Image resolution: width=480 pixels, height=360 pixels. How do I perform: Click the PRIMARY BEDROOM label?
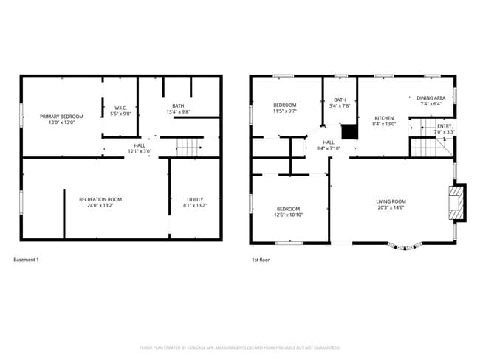(61, 117)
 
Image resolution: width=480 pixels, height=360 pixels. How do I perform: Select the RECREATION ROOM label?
(100, 199)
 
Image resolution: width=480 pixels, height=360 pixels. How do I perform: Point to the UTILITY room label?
(195, 199)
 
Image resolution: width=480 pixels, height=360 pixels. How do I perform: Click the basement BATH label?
(178, 105)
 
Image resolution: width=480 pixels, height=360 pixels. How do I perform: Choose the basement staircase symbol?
(189, 147)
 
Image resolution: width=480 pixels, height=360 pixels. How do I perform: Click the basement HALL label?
(140, 145)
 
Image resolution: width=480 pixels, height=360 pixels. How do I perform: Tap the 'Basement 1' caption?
(27, 260)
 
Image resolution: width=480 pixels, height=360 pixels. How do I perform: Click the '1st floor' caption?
(259, 260)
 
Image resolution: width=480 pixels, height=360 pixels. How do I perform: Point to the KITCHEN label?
(384, 118)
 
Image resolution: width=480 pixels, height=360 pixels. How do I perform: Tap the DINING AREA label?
(431, 97)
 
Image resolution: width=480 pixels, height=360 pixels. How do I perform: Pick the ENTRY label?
(444, 126)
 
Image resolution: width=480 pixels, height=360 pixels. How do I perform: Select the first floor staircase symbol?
(426, 147)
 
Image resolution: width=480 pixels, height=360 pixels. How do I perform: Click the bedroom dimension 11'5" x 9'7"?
(284, 111)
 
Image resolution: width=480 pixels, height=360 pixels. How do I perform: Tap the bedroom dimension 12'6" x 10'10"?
(288, 215)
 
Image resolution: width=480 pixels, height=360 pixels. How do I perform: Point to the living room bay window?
(407, 246)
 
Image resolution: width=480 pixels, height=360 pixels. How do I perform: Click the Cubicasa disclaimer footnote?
(240, 347)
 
